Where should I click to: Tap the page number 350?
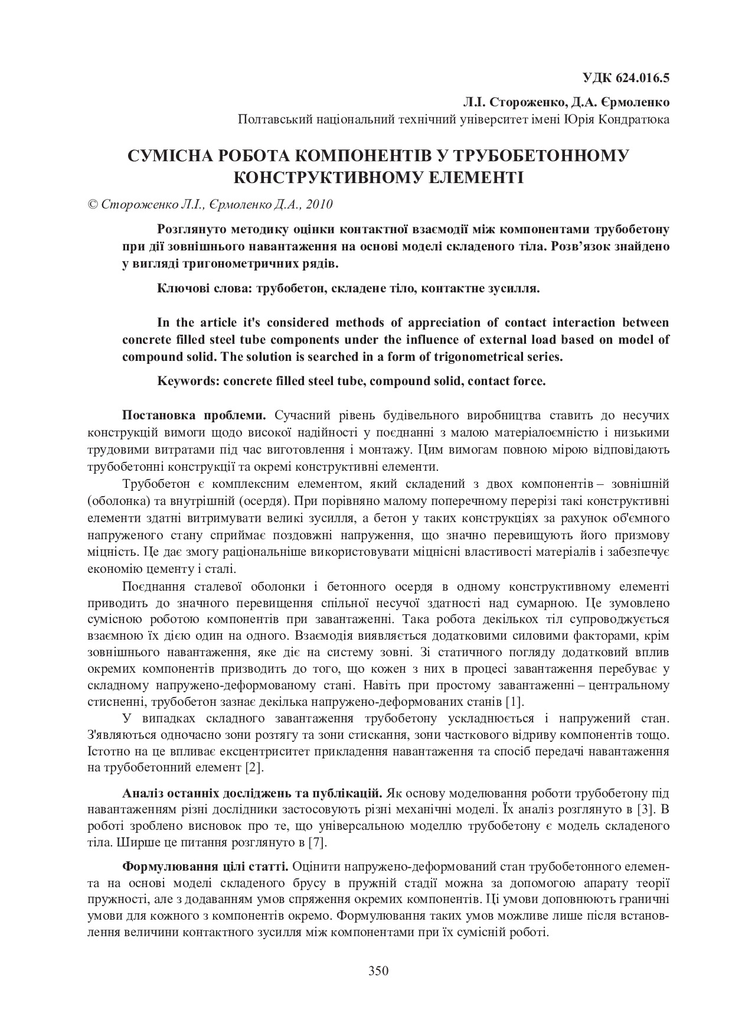[378, 971]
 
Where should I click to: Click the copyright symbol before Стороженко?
[92, 205]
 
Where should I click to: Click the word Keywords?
[188, 381]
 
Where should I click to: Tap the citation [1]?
[515, 702]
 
